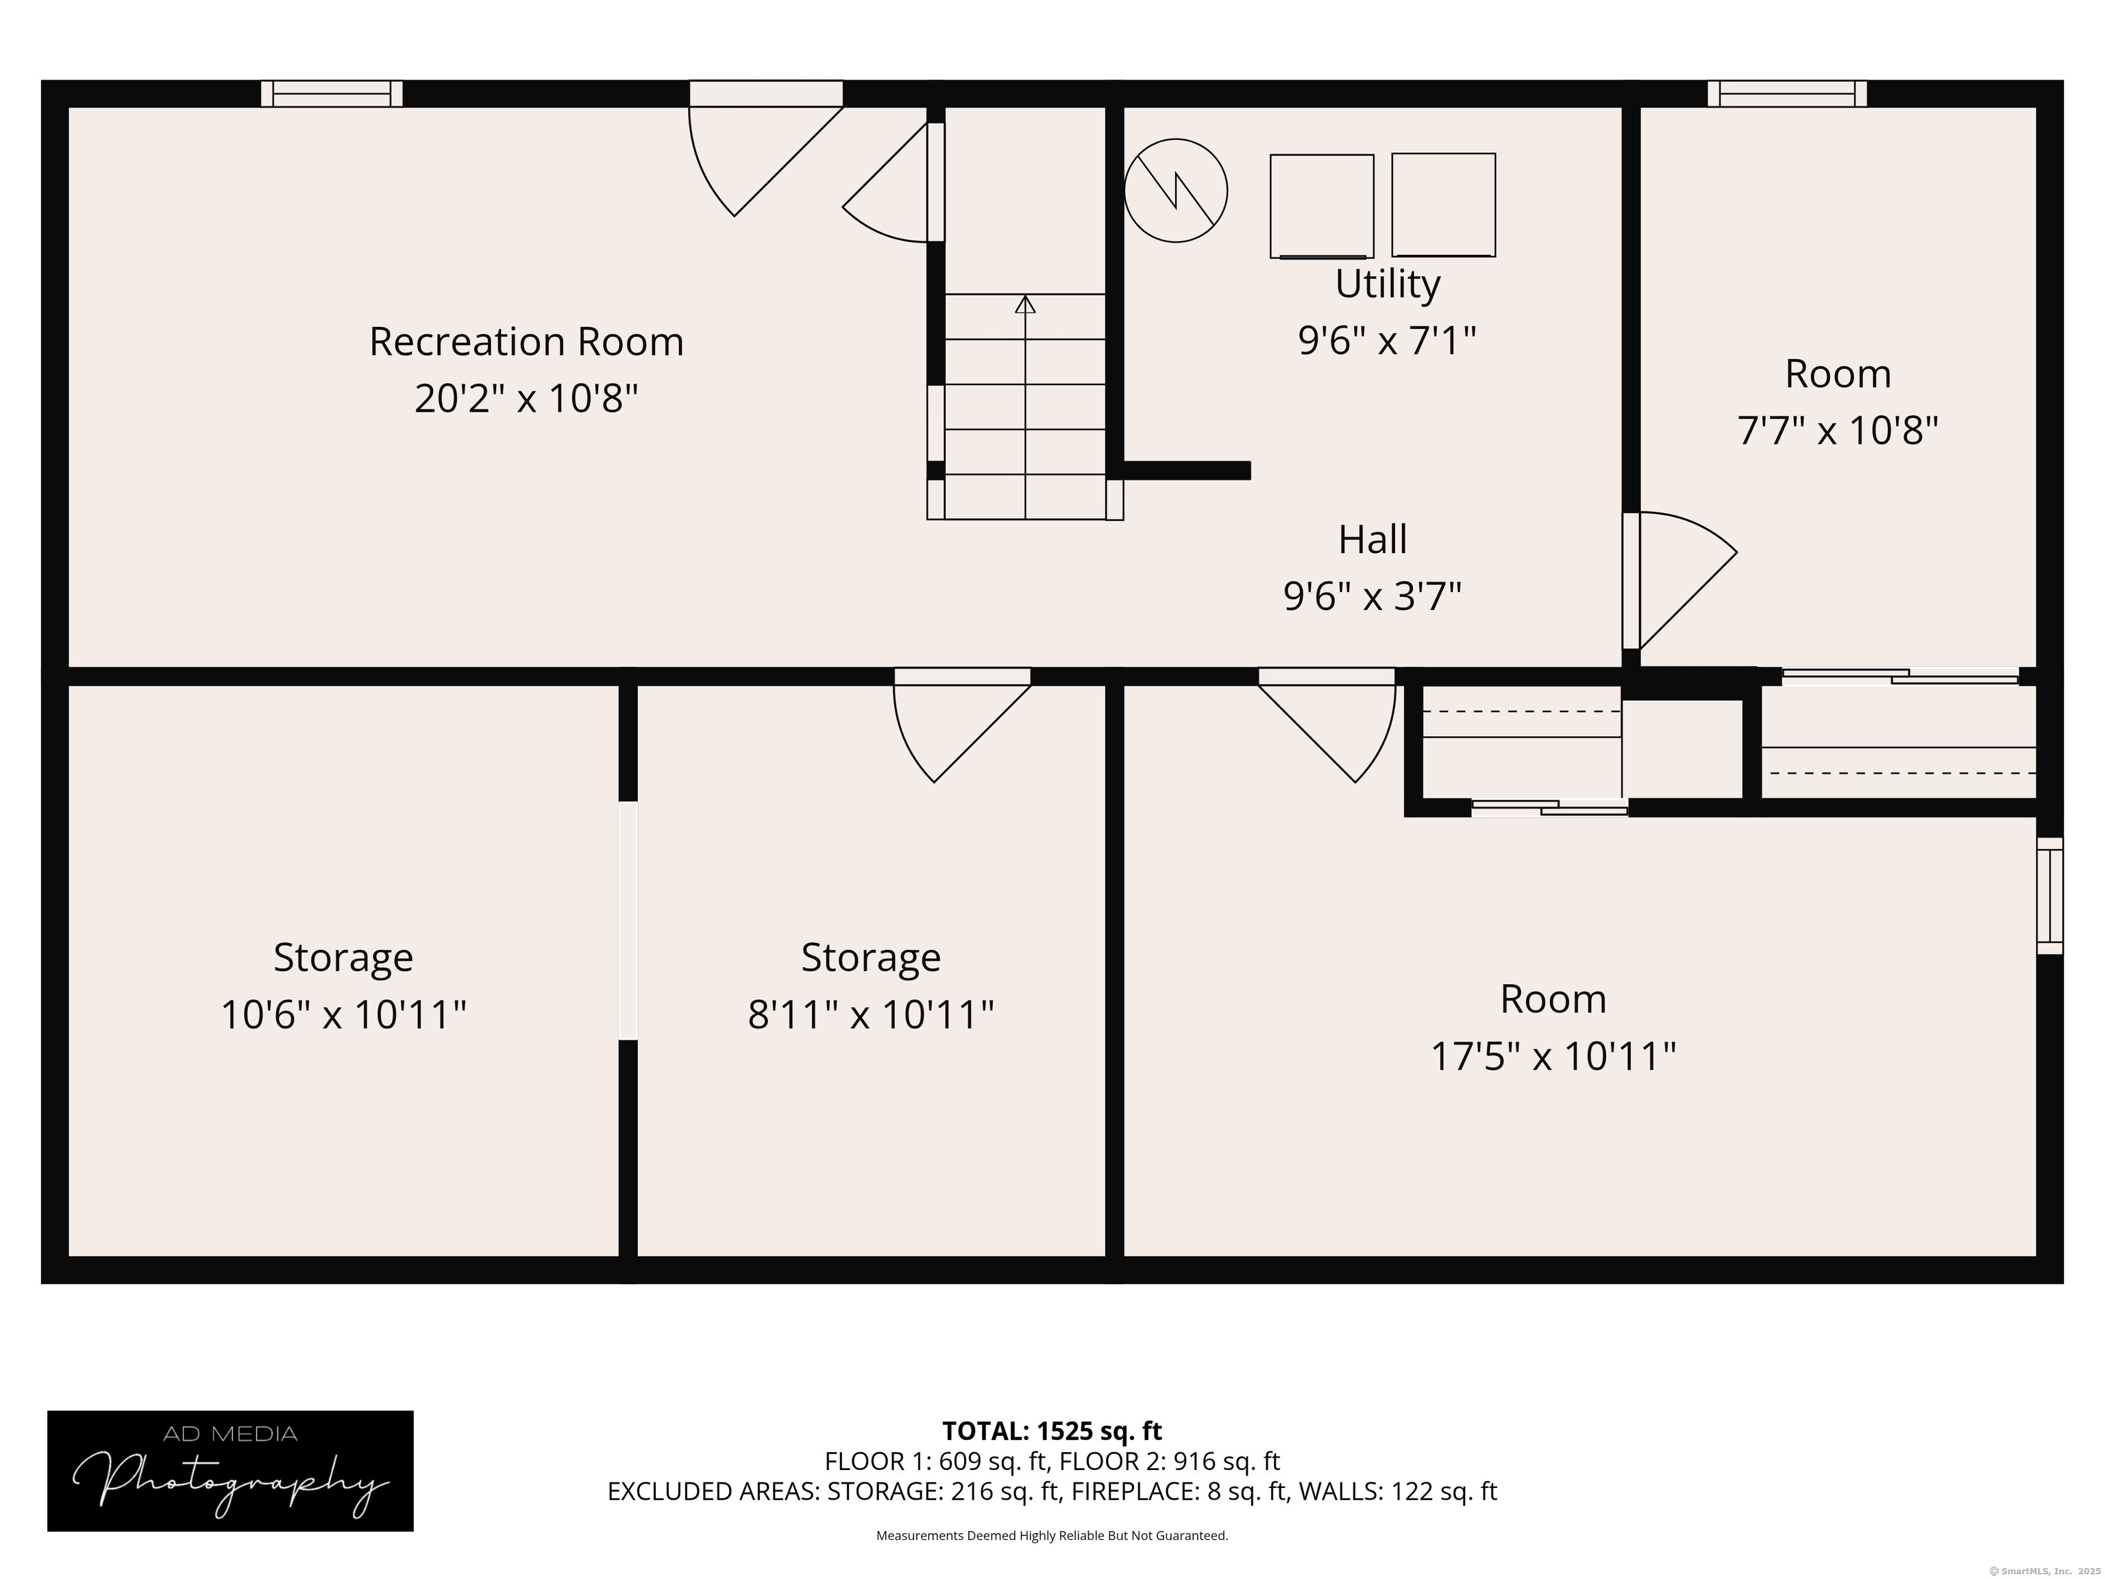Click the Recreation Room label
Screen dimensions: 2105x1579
pos(526,342)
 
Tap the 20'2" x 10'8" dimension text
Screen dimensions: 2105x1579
pos(526,398)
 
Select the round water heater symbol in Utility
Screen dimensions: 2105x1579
pos(1175,191)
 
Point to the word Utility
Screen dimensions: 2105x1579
pos(1388,284)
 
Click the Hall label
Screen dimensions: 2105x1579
pos(1372,539)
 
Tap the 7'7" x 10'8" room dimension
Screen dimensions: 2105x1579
pos(1838,430)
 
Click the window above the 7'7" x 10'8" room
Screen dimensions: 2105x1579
pos(1787,93)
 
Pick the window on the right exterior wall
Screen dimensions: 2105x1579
pos(2049,896)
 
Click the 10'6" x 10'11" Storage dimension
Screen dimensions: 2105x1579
pos(343,1014)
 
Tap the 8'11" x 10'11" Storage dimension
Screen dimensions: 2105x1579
pos(871,1014)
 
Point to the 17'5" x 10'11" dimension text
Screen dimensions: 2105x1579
pos(1553,1057)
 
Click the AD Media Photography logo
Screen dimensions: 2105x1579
pos(230,1471)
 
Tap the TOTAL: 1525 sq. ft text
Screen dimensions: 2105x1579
pos(1052,1430)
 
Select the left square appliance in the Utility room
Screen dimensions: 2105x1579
pos(1322,206)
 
